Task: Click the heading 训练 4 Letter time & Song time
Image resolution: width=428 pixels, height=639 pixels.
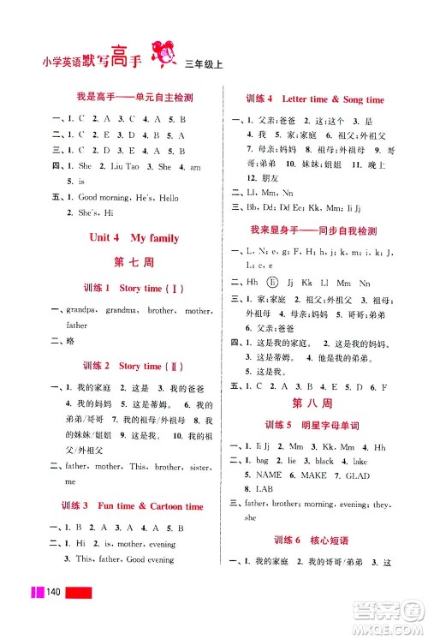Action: (314, 99)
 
